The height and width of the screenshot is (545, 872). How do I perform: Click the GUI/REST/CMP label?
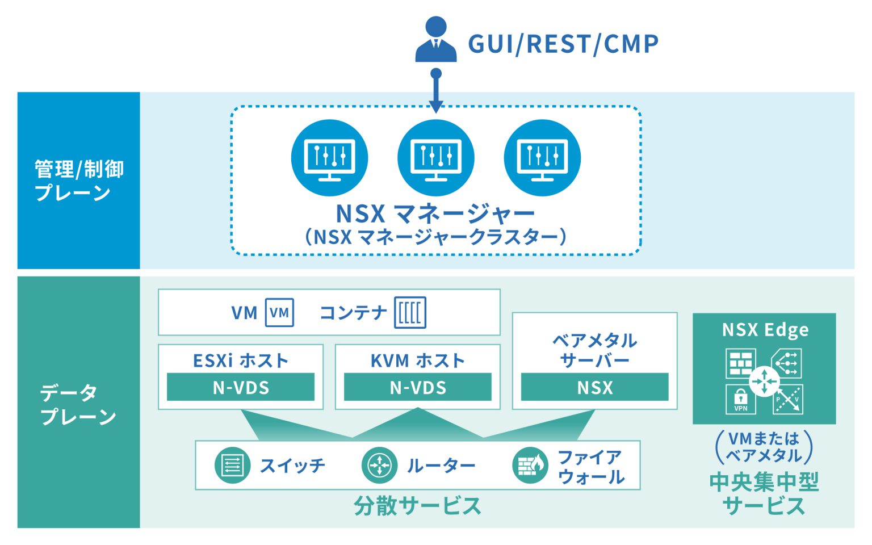563,44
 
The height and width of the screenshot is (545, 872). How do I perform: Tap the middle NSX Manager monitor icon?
435,157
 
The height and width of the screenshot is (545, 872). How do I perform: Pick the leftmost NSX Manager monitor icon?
329,157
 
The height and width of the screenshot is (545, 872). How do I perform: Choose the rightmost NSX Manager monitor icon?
542,157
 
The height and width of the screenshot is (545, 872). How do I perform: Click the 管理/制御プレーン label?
78,181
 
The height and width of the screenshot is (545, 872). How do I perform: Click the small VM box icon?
279,312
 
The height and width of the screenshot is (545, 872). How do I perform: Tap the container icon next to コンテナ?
410,312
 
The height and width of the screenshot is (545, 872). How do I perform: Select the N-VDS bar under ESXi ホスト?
241,388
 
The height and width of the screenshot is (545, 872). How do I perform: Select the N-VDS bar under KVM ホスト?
418,388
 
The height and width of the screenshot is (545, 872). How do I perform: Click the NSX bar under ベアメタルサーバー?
594,388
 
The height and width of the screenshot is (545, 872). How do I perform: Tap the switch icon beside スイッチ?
232,466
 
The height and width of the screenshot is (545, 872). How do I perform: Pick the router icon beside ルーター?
379,466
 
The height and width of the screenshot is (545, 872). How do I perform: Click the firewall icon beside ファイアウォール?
530,466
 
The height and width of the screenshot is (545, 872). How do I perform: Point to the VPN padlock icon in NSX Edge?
740,399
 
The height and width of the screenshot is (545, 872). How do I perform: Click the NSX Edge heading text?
765,330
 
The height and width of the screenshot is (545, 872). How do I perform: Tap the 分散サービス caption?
417,505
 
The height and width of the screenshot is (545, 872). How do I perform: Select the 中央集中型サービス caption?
764,493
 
